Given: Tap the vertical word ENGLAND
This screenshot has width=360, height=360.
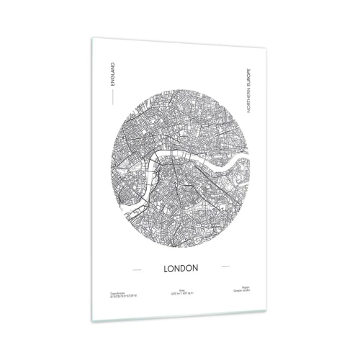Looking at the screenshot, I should click(113, 73).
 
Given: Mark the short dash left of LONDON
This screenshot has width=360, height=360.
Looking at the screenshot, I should click(135, 269).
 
